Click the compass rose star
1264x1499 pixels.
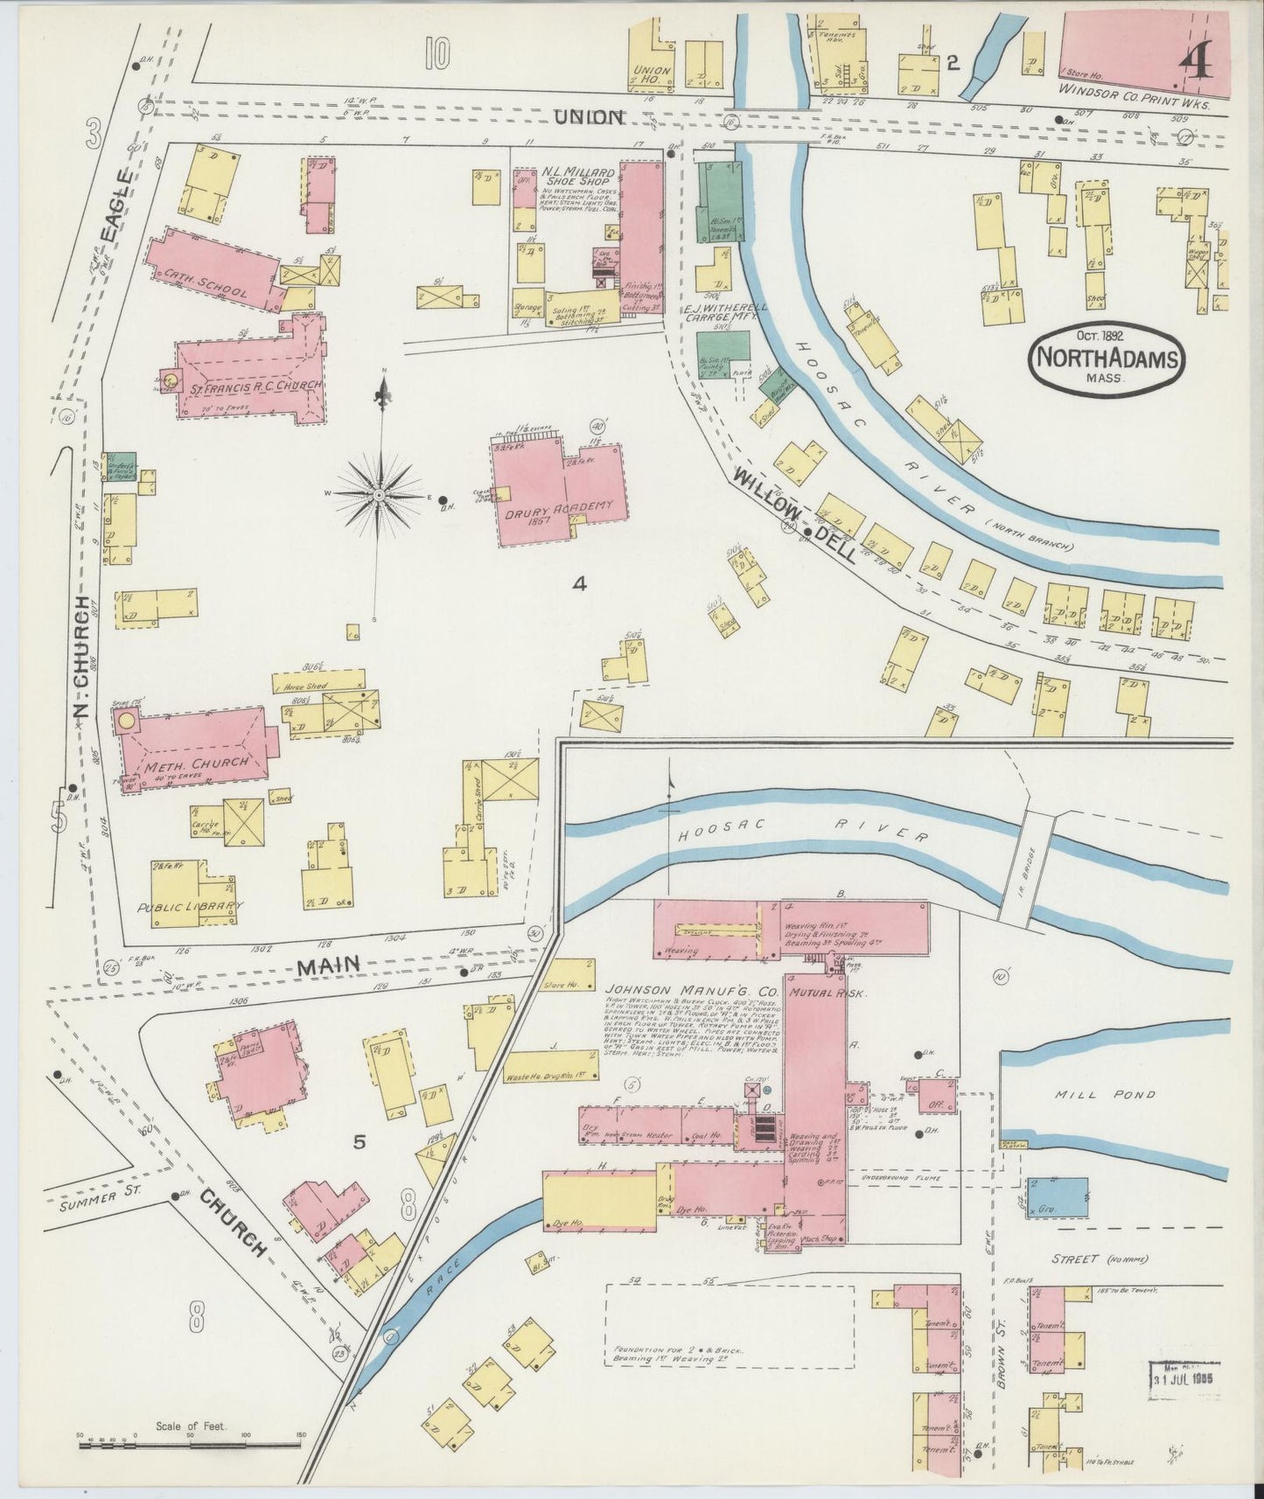pyautogui.click(x=380, y=496)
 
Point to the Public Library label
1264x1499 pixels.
pyautogui.click(x=192, y=907)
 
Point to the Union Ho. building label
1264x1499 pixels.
pyautogui.click(x=651, y=74)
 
